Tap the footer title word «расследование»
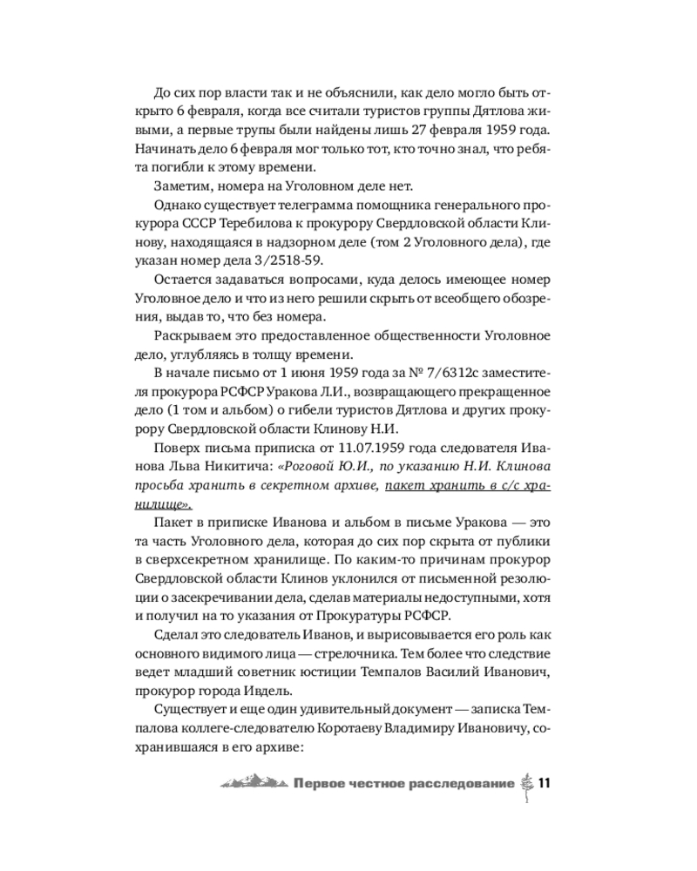point(464,784)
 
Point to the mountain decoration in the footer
point(252,784)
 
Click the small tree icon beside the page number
point(525,783)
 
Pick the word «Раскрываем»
point(193,336)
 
